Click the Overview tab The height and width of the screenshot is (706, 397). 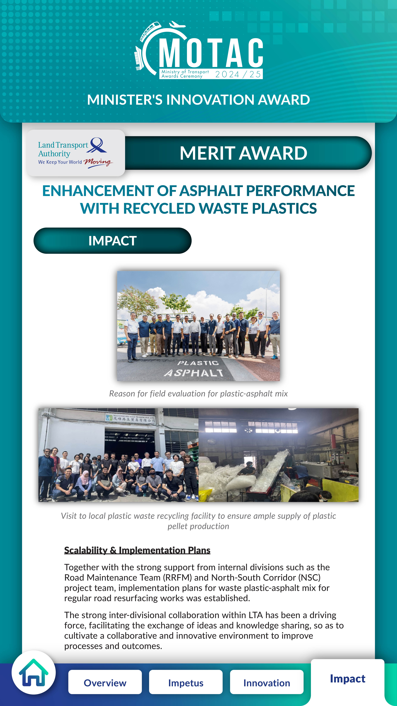tap(105, 683)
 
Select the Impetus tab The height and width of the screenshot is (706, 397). tap(186, 683)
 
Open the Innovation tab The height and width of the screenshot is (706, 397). tap(267, 683)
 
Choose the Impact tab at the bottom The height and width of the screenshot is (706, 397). tap(347, 679)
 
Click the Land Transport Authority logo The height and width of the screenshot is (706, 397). tap(75, 153)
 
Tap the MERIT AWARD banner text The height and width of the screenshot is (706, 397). tap(243, 153)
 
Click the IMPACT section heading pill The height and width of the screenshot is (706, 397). tap(112, 241)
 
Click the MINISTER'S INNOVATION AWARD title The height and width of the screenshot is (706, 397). tap(198, 100)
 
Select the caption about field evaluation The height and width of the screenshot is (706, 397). tap(198, 394)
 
